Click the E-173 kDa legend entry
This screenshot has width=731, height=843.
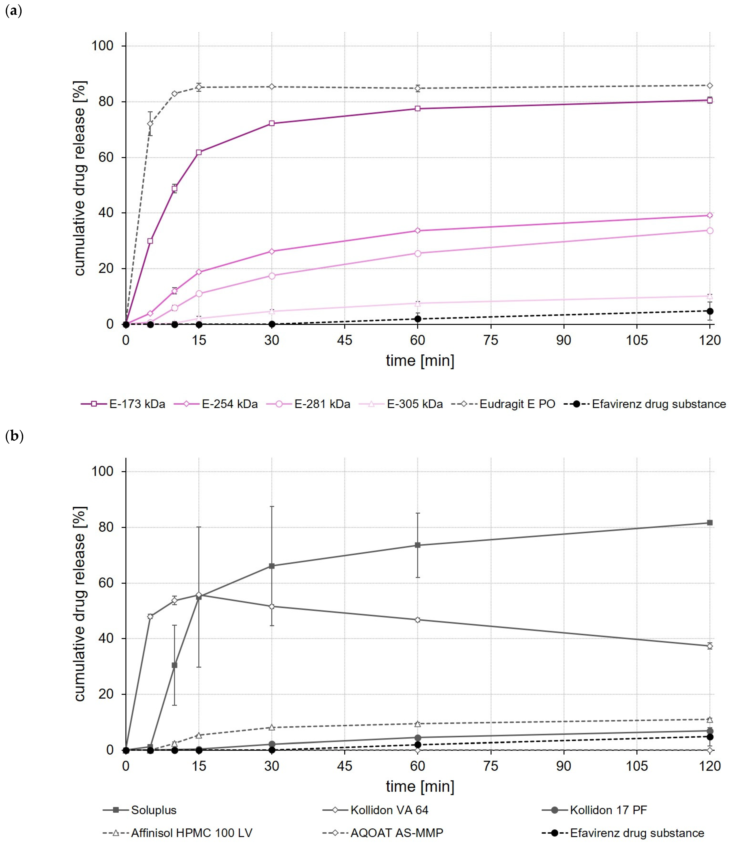pos(123,404)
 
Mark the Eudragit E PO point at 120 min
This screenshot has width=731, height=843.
pos(710,86)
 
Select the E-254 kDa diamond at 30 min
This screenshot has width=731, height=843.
pos(272,251)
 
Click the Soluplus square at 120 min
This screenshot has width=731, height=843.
pos(710,523)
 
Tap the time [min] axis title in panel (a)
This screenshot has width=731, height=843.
pos(420,361)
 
